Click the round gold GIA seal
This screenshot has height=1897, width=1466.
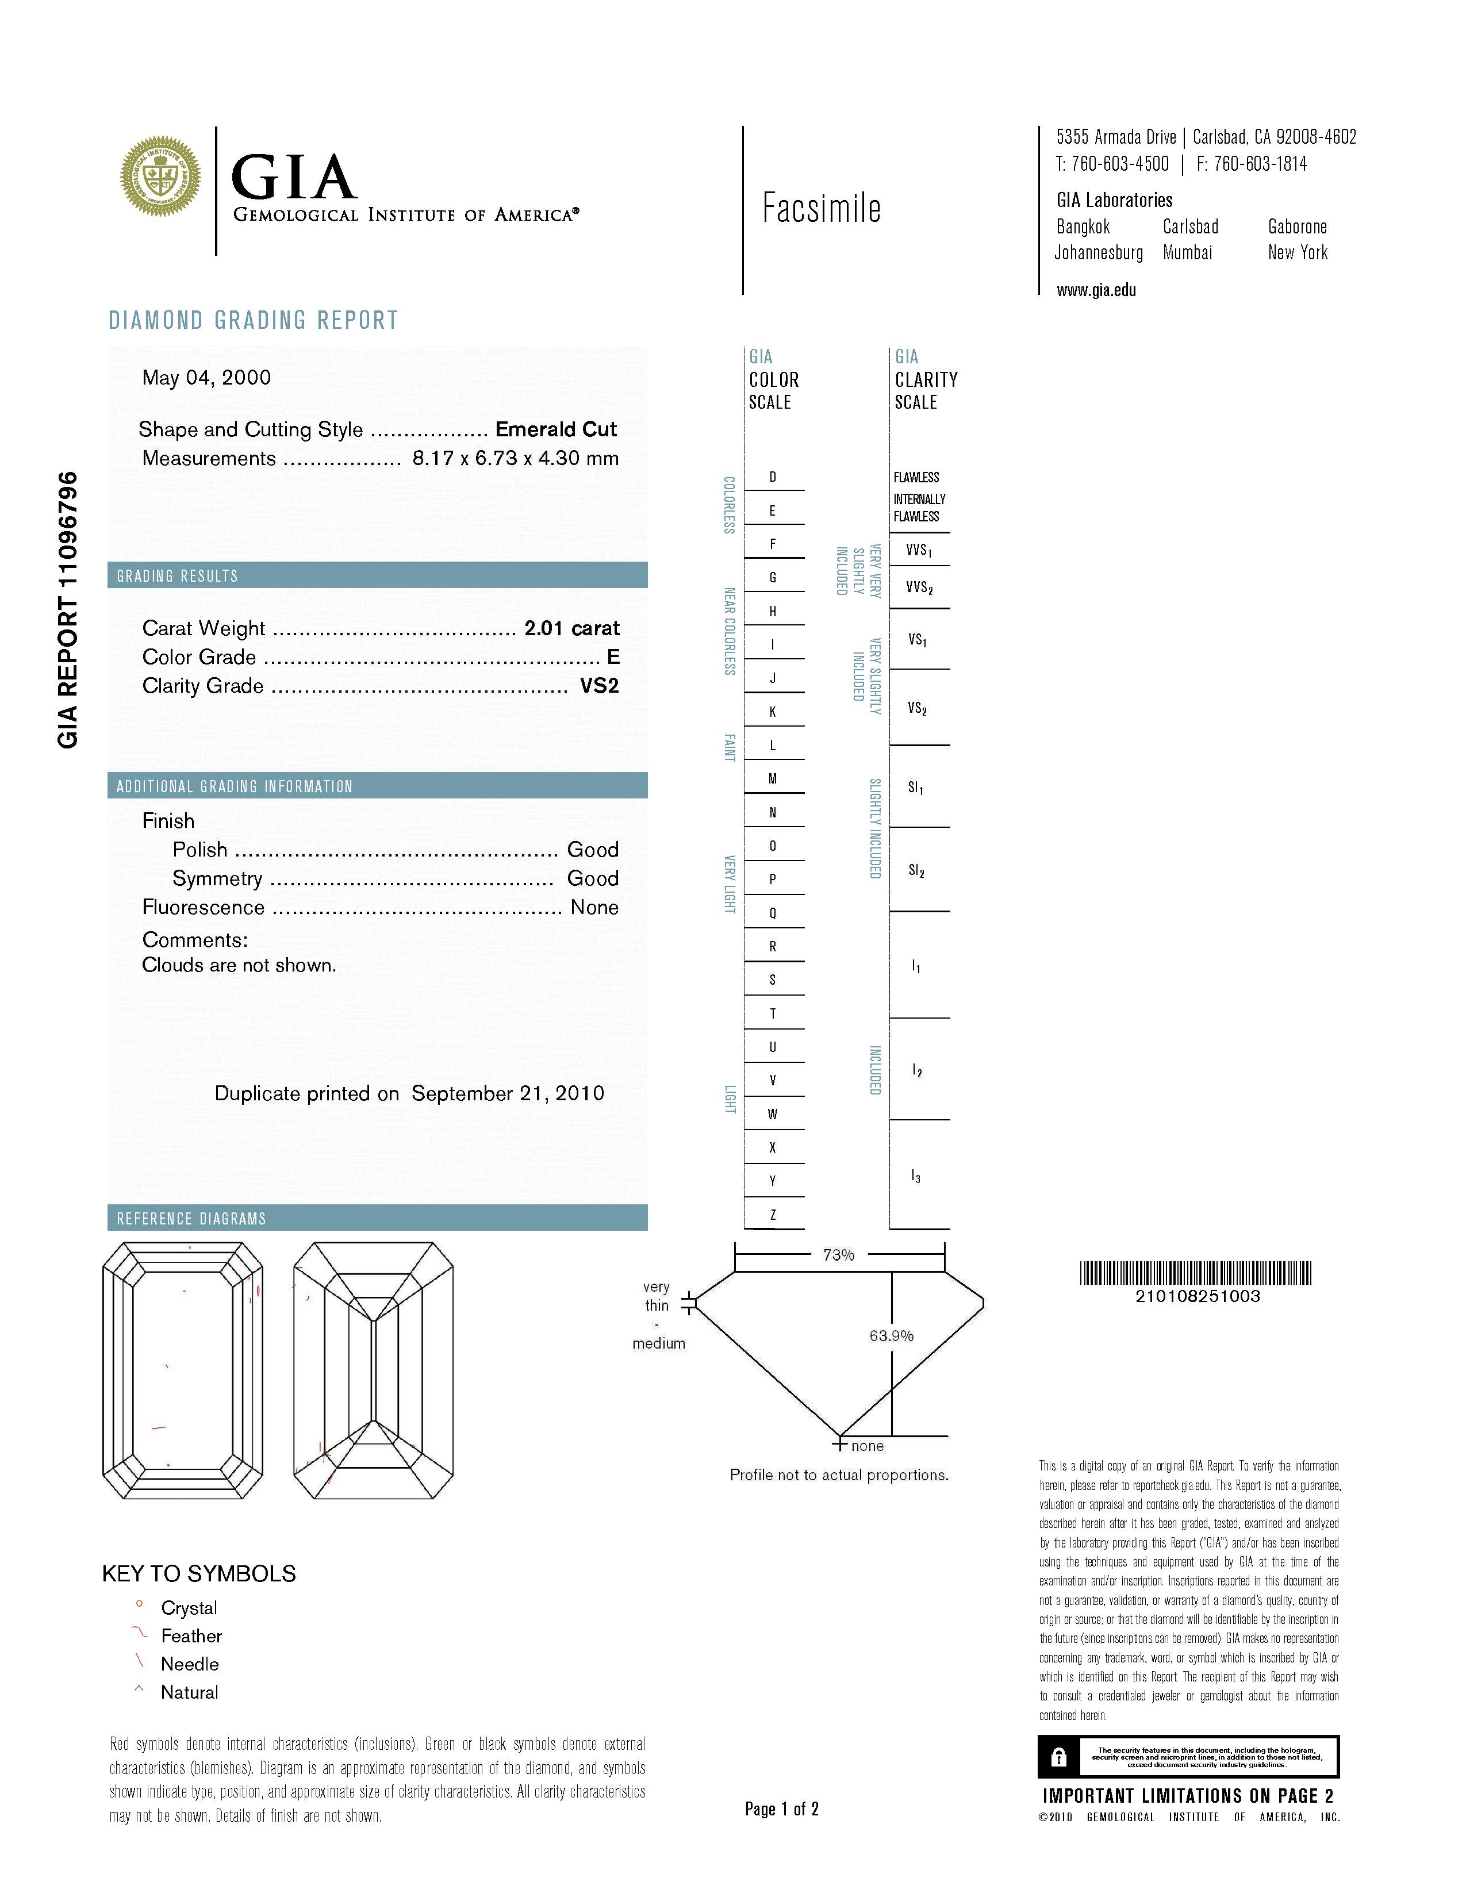tap(160, 176)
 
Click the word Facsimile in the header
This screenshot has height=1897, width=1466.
tap(821, 209)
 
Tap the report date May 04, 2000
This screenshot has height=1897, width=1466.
tap(207, 378)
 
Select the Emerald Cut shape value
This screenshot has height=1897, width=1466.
tap(556, 429)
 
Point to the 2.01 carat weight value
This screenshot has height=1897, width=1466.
tap(571, 628)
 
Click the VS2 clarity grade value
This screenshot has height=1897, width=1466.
tap(599, 686)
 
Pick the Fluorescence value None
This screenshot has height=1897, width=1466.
tap(594, 908)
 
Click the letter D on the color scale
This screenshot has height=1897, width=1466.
tap(773, 477)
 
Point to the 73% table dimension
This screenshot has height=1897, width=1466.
tap(838, 1255)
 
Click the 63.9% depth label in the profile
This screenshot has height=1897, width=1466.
tap(891, 1336)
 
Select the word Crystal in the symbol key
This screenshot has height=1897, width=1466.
tap(189, 1608)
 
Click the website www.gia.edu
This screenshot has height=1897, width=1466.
tap(1096, 291)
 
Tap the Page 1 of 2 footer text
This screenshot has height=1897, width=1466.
tap(782, 1809)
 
